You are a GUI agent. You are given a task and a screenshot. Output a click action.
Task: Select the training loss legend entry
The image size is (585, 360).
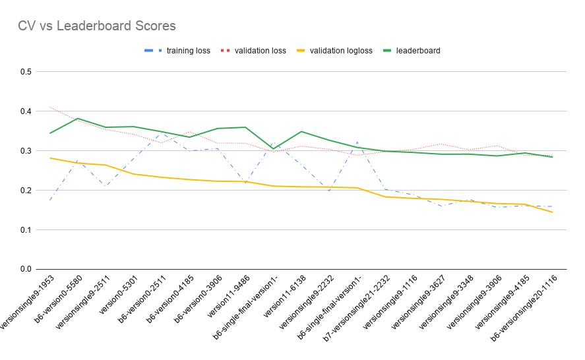(x=188, y=50)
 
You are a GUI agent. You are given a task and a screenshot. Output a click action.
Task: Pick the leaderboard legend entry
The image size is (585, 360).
(x=417, y=50)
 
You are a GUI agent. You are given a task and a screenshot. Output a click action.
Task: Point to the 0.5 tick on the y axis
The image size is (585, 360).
(x=26, y=72)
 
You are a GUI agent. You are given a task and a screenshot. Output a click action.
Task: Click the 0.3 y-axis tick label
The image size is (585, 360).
(x=26, y=151)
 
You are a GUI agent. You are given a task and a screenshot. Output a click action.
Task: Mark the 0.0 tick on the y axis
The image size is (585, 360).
(x=26, y=269)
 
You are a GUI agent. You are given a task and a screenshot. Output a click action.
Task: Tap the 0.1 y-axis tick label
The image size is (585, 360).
(x=26, y=230)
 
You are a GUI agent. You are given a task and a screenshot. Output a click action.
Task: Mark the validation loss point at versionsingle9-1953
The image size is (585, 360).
(x=50, y=107)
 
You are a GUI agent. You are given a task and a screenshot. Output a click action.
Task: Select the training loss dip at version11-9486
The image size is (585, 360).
(x=245, y=183)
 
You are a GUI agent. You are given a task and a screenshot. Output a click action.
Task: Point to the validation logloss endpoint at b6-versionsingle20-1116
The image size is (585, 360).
(x=552, y=212)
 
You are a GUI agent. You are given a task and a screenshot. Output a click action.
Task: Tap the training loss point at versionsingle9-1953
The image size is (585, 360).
(x=50, y=200)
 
